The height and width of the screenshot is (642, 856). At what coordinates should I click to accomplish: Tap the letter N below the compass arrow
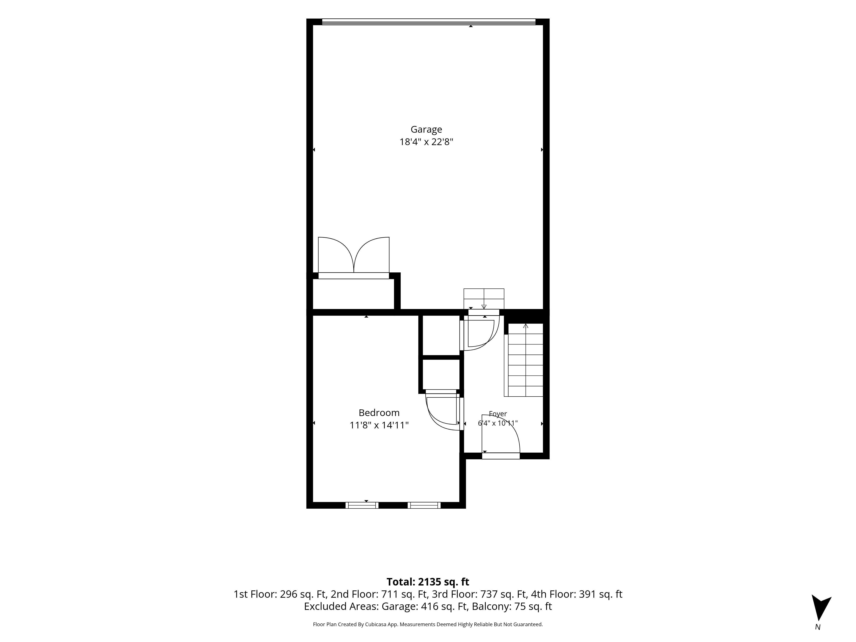(x=818, y=627)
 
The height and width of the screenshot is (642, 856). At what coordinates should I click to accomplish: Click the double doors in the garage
(x=354, y=255)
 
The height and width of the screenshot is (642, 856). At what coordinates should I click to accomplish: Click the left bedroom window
(x=362, y=505)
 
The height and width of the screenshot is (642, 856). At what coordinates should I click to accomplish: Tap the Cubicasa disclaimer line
(x=428, y=624)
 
